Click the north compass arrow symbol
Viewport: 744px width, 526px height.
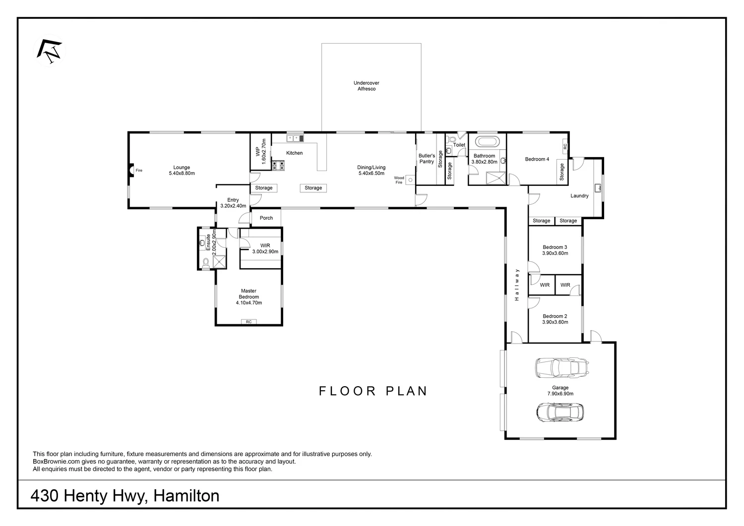49,51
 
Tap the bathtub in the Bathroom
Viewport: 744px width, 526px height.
487,141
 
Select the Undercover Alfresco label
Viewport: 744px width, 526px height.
367,86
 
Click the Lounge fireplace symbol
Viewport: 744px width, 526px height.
131,171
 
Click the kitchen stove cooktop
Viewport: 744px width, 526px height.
278,166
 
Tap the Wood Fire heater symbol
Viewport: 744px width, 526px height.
411,180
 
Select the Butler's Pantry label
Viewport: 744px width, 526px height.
427,159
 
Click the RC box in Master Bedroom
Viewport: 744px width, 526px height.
249,321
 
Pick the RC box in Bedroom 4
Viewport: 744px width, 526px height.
565,146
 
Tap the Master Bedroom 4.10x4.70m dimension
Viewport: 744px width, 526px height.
249,302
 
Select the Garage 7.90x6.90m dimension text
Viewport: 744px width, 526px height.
560,394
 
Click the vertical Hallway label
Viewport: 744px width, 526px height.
516,285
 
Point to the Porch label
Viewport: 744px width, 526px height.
266,218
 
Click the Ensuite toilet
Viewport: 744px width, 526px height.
206,263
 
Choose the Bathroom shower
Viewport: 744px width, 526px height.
496,178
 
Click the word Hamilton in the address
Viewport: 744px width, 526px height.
186,496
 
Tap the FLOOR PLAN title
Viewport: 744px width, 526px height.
373,391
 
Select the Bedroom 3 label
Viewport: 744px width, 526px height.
555,247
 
